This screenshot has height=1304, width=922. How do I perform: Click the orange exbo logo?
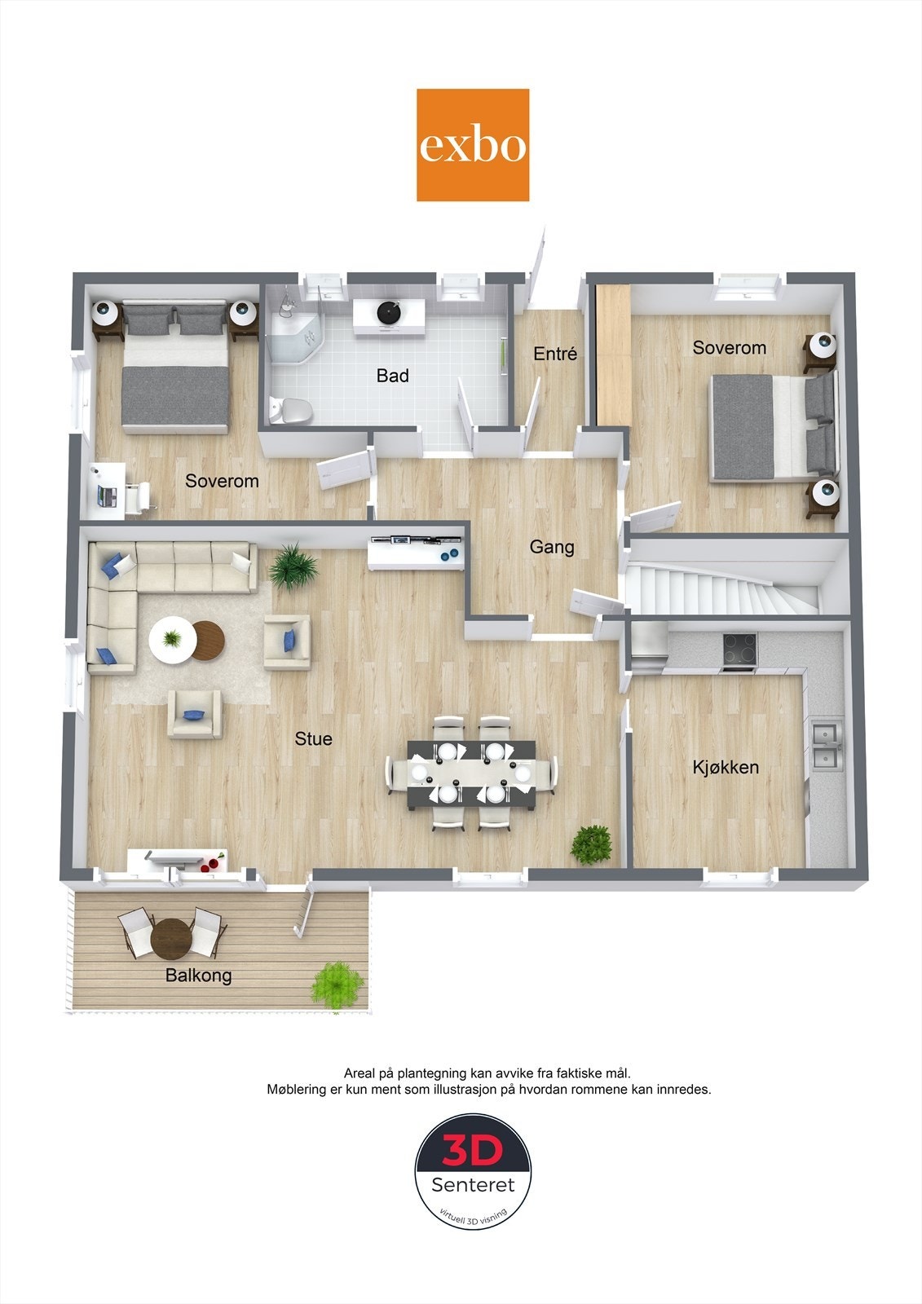[x=473, y=145]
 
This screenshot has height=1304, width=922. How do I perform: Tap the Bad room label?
[x=392, y=376]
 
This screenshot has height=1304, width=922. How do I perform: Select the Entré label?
[x=555, y=354]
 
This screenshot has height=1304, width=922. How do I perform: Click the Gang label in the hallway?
[x=552, y=547]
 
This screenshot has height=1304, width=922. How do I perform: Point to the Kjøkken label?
[x=726, y=767]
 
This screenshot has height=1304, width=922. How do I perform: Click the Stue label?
[x=314, y=738]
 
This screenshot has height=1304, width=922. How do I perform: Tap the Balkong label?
[x=198, y=975]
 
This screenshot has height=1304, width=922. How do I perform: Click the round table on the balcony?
[x=171, y=939]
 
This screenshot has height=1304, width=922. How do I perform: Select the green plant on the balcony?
[x=337, y=984]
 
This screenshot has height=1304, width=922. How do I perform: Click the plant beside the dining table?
[x=591, y=845]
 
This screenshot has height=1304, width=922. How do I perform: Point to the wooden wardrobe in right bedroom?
[x=612, y=354]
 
